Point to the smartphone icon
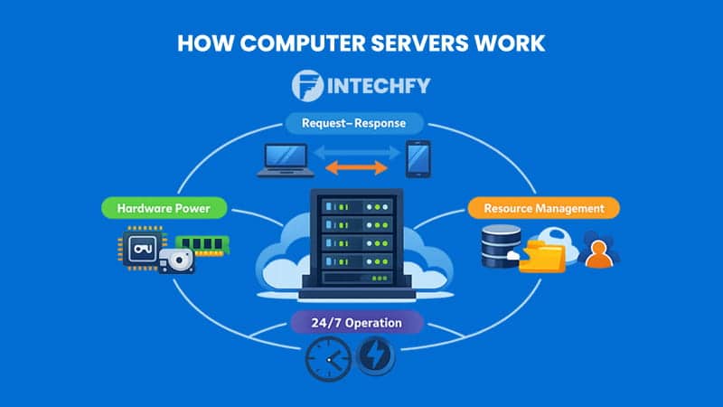[x=418, y=158]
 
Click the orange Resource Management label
[x=543, y=208]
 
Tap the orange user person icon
[x=597, y=250]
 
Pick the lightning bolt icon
[x=376, y=358]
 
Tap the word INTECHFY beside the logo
[x=380, y=86]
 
